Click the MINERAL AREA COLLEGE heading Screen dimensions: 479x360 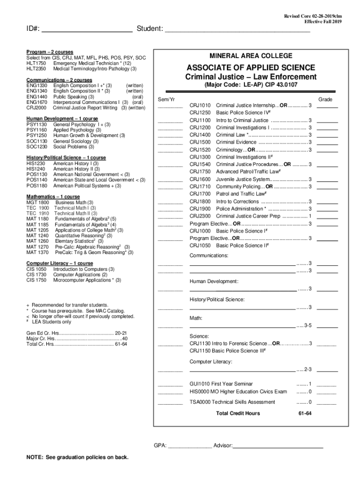(x=251, y=56)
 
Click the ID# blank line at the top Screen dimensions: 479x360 (x=87, y=31)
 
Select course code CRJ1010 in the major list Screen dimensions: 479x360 (x=200, y=105)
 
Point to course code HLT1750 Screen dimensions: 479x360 (x=36, y=63)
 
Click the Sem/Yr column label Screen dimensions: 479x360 (x=166, y=100)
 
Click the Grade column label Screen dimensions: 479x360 (x=325, y=100)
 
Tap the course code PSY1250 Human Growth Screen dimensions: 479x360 (x=36, y=136)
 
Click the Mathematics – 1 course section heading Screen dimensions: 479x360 (x=53, y=196)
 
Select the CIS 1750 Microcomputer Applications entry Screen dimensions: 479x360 (x=73, y=280)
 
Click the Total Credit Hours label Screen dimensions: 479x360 (x=238, y=414)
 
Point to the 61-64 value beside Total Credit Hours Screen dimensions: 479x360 (x=305, y=414)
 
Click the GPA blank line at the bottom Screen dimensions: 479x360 (x=189, y=446)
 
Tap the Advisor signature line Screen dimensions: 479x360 (x=278, y=446)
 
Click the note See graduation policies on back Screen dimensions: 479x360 (x=78, y=457)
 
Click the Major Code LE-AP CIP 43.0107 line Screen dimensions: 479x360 (x=251, y=85)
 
